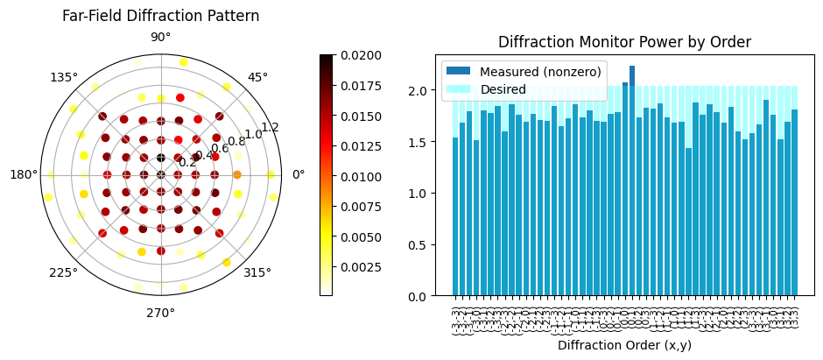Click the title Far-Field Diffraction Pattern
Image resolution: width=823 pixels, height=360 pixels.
pos(160,16)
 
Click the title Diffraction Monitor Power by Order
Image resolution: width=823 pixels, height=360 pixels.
pos(624,42)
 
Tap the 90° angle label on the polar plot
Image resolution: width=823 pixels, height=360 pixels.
pos(160,37)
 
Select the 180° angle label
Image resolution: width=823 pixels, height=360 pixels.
pos(24,174)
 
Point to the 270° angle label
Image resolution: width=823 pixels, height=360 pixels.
pos(160,312)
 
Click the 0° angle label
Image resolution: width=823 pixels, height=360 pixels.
pos(298,174)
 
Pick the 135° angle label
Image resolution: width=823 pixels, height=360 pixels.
pos(63,77)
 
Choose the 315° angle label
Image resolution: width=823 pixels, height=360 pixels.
pos(257,272)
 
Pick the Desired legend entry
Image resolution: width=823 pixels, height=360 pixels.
pos(500,88)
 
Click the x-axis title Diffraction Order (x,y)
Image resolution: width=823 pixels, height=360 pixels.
pos(623,345)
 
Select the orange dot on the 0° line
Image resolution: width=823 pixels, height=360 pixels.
pos(237,174)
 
